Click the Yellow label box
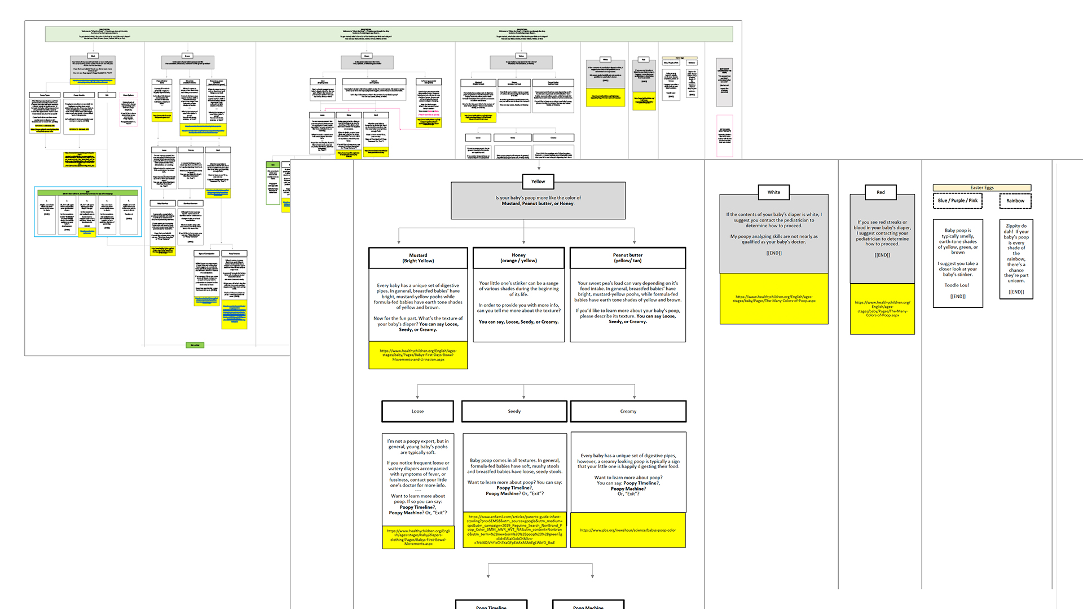tap(538, 182)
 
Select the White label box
tap(773, 192)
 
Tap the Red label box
tap(881, 192)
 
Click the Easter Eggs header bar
tap(981, 188)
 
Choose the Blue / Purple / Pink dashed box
tap(957, 201)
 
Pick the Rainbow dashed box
tap(1015, 201)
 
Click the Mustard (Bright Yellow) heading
tap(418, 258)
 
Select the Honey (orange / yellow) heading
tap(518, 258)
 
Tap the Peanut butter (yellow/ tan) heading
tap(628, 258)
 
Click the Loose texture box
tap(417, 412)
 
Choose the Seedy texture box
tap(514, 412)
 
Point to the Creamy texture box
tap(628, 412)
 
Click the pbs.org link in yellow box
tap(628, 530)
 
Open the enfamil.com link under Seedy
tap(514, 529)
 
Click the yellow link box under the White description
tap(774, 299)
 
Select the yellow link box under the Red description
tap(882, 308)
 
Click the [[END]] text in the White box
tap(774, 253)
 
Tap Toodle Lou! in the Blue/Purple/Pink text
tap(957, 285)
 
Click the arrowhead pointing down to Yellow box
tap(539, 168)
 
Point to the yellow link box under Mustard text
tap(418, 355)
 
